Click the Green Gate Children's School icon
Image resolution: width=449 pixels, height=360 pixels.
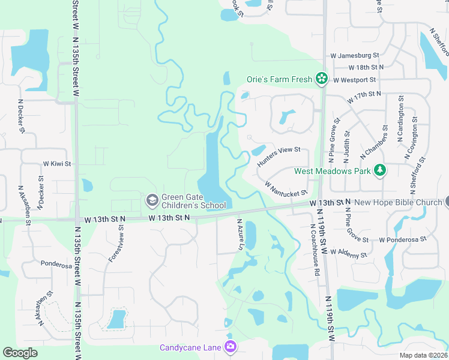(152, 199)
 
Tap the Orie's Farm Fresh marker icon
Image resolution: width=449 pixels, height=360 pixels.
(322, 79)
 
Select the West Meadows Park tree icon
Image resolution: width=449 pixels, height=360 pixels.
(379, 171)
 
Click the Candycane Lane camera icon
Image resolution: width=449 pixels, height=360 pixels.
(230, 347)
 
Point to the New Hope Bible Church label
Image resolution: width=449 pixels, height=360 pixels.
(397, 202)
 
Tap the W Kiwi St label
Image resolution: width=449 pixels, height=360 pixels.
(57, 163)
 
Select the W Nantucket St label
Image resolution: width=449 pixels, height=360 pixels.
(286, 190)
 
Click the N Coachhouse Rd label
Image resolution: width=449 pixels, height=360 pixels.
(314, 251)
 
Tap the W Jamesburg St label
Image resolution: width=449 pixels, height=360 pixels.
(355, 55)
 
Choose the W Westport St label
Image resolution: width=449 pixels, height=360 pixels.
(355, 79)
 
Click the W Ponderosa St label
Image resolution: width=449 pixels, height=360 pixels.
(402, 239)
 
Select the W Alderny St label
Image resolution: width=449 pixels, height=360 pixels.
(348, 254)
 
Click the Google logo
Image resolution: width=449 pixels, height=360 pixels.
(20, 353)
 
